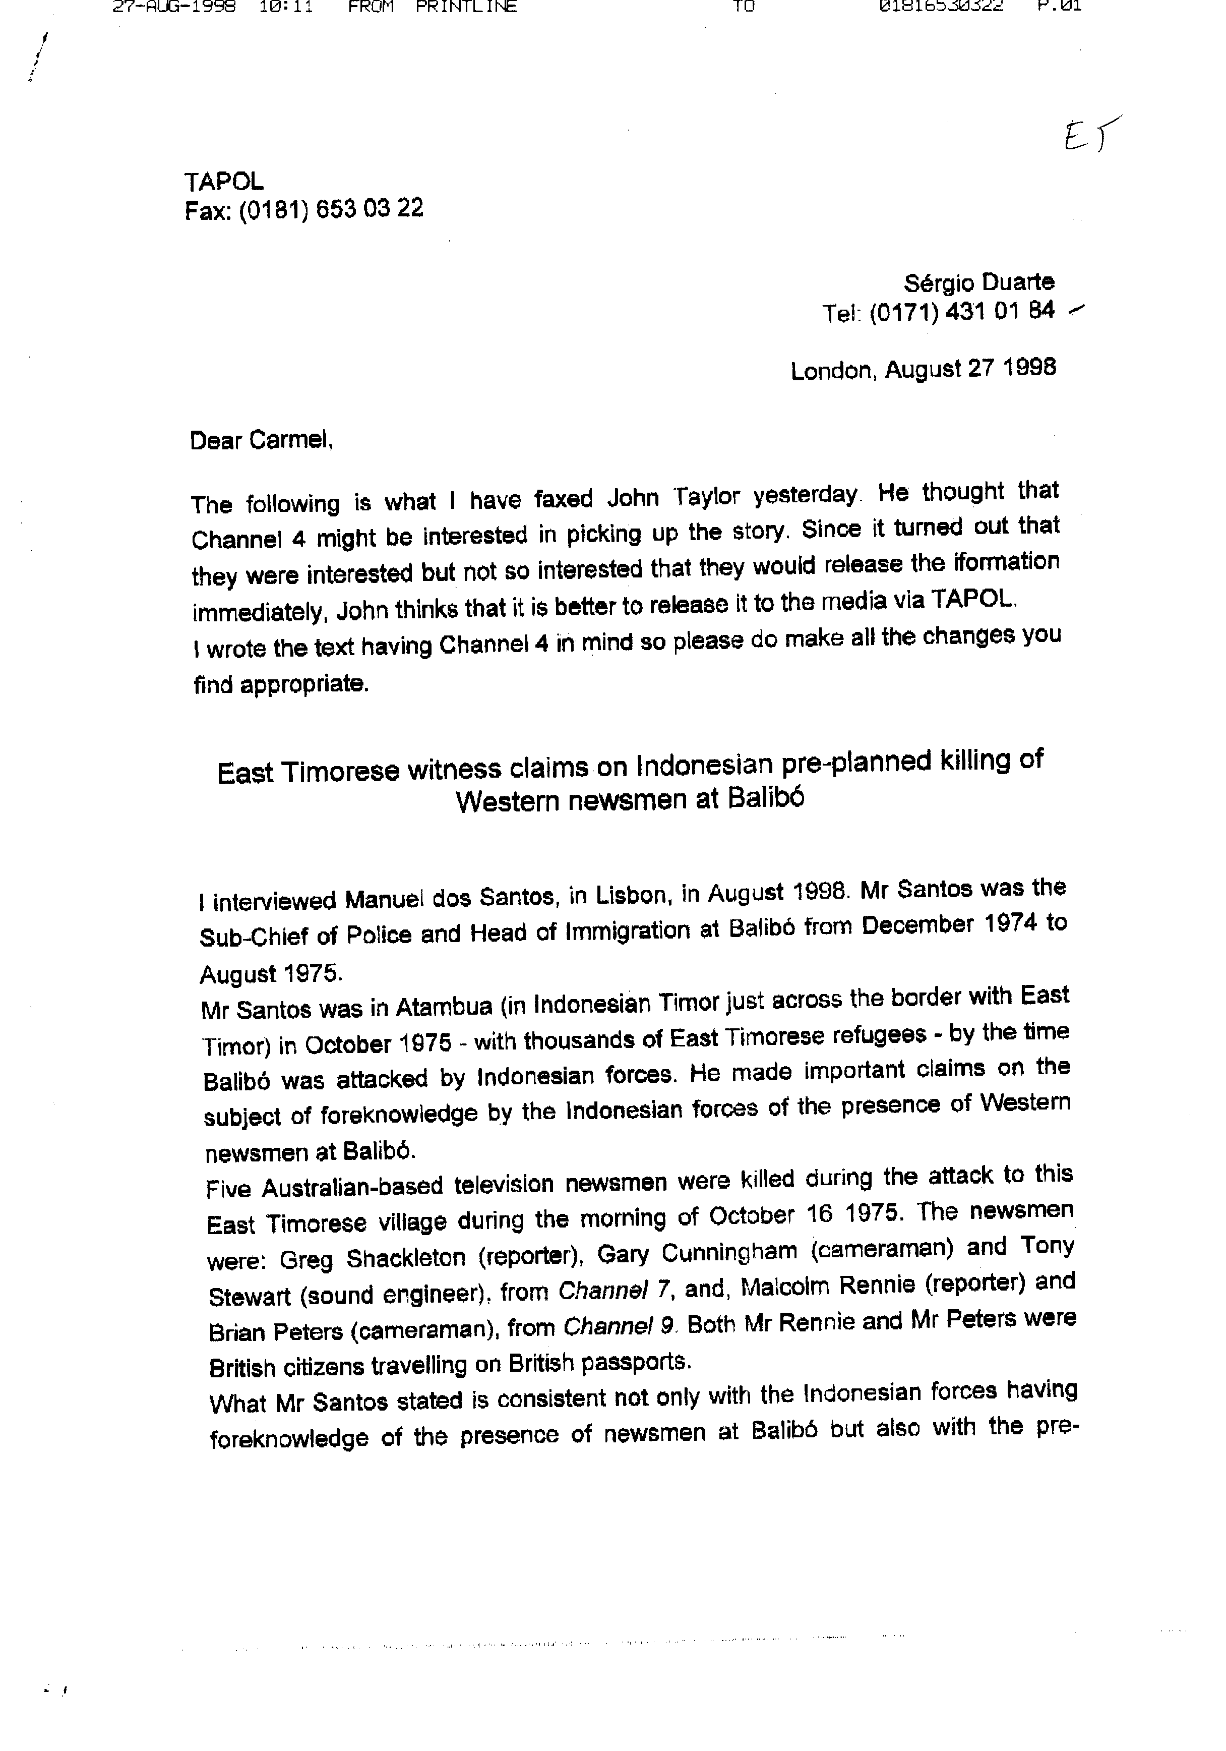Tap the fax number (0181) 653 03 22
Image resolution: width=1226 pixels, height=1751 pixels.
tap(331, 209)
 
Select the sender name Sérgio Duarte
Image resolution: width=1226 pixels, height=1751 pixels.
tap(979, 283)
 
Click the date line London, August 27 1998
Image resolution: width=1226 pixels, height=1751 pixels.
tap(923, 369)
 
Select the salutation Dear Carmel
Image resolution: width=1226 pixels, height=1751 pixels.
tap(261, 441)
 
